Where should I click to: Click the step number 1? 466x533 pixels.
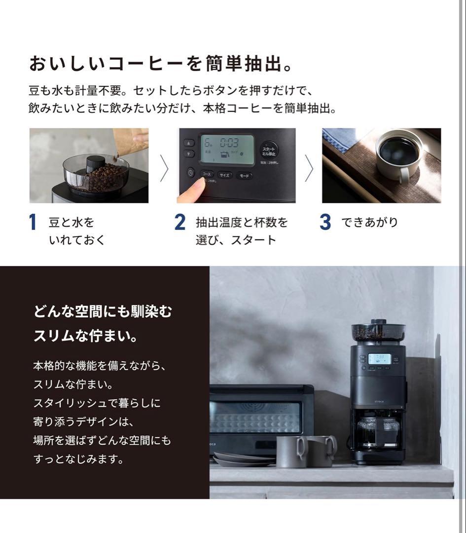(x=33, y=223)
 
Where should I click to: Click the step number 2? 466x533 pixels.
(x=179, y=223)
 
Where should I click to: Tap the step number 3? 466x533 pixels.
(x=325, y=223)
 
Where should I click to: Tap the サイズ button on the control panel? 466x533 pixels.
(x=224, y=175)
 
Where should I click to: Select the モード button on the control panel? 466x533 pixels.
(x=243, y=176)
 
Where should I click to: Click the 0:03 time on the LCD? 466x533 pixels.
(x=229, y=144)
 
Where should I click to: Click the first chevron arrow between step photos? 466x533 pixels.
(x=164, y=168)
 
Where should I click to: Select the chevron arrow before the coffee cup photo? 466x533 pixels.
(x=309, y=168)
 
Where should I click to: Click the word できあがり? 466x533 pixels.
(x=369, y=223)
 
